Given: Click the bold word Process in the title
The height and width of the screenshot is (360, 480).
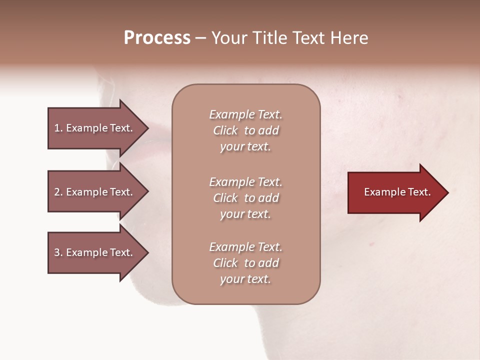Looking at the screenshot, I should tap(157, 38).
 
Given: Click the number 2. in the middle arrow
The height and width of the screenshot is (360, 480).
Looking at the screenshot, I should tap(58, 192).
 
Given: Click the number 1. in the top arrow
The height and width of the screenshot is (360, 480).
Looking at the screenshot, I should tap(58, 128).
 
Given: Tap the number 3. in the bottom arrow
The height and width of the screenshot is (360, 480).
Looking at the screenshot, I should tap(58, 252).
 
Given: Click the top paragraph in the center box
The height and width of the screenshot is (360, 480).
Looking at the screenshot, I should tap(245, 130).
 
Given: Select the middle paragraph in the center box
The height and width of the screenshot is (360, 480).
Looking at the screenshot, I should tap(245, 197).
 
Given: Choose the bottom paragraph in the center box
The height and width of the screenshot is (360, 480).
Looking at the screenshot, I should tap(245, 263).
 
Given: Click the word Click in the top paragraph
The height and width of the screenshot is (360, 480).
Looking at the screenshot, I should tap(225, 130).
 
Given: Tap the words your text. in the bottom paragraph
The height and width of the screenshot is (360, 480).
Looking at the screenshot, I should tap(245, 279).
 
